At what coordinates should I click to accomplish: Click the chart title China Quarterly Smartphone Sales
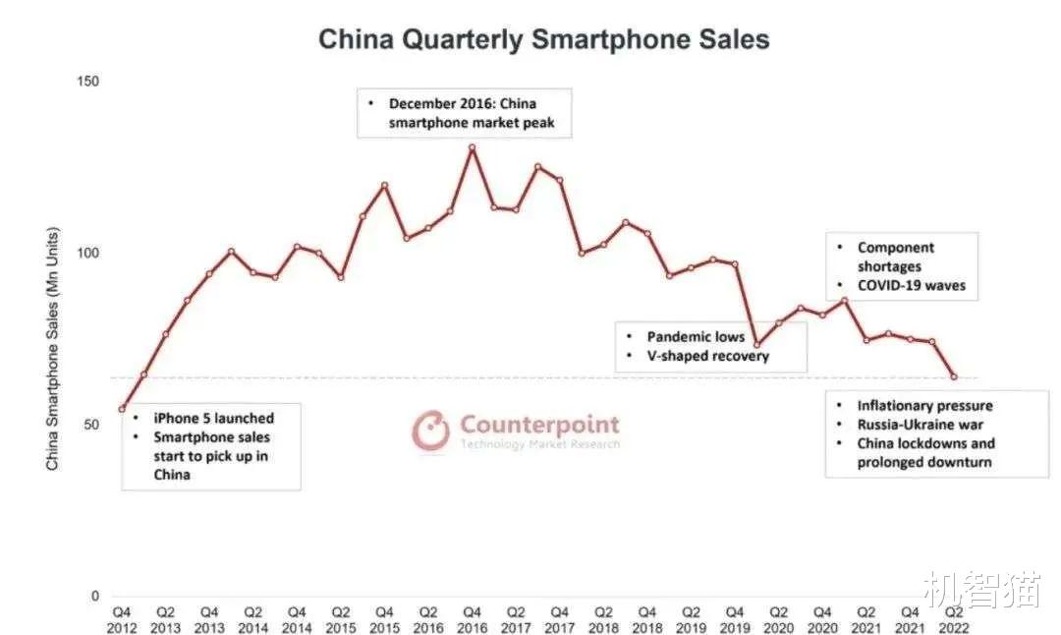543,39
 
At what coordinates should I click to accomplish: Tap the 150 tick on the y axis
88,81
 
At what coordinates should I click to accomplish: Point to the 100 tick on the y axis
88,253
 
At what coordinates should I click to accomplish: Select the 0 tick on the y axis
94,596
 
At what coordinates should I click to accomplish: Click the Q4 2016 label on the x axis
472,619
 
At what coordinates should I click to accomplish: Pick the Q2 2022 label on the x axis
953,619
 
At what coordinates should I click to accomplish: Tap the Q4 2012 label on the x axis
122,619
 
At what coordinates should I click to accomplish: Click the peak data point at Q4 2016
472,147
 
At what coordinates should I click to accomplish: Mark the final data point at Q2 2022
953,376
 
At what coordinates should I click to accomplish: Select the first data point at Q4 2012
122,409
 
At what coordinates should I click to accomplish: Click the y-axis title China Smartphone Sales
53,349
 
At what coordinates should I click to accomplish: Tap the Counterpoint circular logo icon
430,431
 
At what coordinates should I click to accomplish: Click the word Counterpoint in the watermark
539,425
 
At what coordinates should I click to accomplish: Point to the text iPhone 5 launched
214,418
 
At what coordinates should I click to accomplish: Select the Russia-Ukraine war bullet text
919,425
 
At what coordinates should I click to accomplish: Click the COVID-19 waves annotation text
911,286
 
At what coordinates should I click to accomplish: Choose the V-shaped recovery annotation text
707,356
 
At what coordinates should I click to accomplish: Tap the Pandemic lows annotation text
696,337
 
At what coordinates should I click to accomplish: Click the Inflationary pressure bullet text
924,405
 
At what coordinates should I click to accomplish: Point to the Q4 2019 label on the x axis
735,619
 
